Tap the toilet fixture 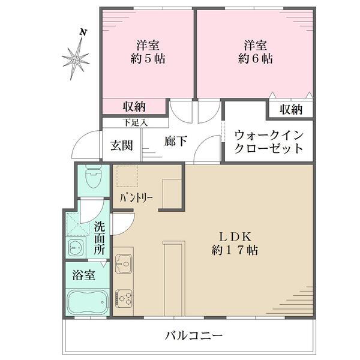pyautogui.click(x=93, y=177)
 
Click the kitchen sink pyautogui.click(x=124, y=262)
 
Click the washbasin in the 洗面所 pyautogui.click(x=77, y=248)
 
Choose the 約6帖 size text pyautogui.click(x=255, y=59)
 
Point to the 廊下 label pyautogui.click(x=175, y=141)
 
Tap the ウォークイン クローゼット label pyautogui.click(x=268, y=142)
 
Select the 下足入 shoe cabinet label pyautogui.click(x=136, y=122)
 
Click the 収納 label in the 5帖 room pyautogui.click(x=134, y=107)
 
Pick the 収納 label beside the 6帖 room pyautogui.click(x=290, y=110)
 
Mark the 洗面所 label pyautogui.click(x=99, y=238)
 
